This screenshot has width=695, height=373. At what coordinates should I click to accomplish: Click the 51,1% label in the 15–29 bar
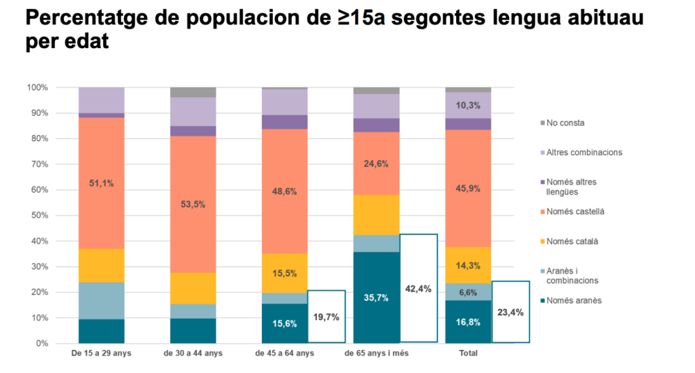tap(101, 182)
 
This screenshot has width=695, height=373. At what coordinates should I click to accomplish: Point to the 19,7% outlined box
tap(327, 316)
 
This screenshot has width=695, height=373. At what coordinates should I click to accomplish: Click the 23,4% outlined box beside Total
tap(510, 312)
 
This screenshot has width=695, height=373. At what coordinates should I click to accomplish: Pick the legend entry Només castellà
tap(574, 212)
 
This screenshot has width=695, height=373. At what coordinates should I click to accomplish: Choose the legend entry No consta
tap(565, 123)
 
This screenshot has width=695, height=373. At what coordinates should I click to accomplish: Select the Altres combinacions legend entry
tap(584, 152)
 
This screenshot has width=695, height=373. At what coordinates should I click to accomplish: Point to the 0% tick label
tap(41, 343)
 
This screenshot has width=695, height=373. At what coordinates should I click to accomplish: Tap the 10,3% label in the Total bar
tap(468, 106)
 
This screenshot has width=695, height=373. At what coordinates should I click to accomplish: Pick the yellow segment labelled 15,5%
tap(284, 272)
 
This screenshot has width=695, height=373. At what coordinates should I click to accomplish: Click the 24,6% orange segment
tap(376, 163)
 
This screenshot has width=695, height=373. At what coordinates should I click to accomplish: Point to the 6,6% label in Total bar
tap(468, 292)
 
